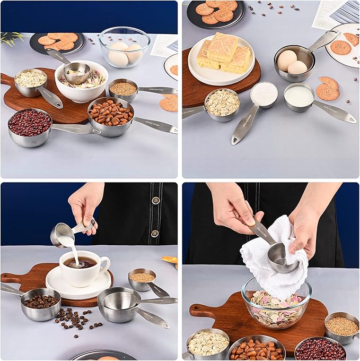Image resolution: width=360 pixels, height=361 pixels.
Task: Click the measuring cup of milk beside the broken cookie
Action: click(299, 97)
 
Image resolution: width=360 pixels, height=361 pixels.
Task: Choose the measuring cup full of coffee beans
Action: click(40, 304)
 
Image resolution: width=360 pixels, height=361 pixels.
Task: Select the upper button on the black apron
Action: click(155, 200)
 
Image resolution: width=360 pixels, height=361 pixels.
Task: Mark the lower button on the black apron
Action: click(155, 233)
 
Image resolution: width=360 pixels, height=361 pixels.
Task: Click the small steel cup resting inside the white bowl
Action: click(76, 73)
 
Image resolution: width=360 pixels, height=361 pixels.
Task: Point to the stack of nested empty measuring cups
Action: click(119, 304)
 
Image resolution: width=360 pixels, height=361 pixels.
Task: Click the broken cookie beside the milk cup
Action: click(328, 89)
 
